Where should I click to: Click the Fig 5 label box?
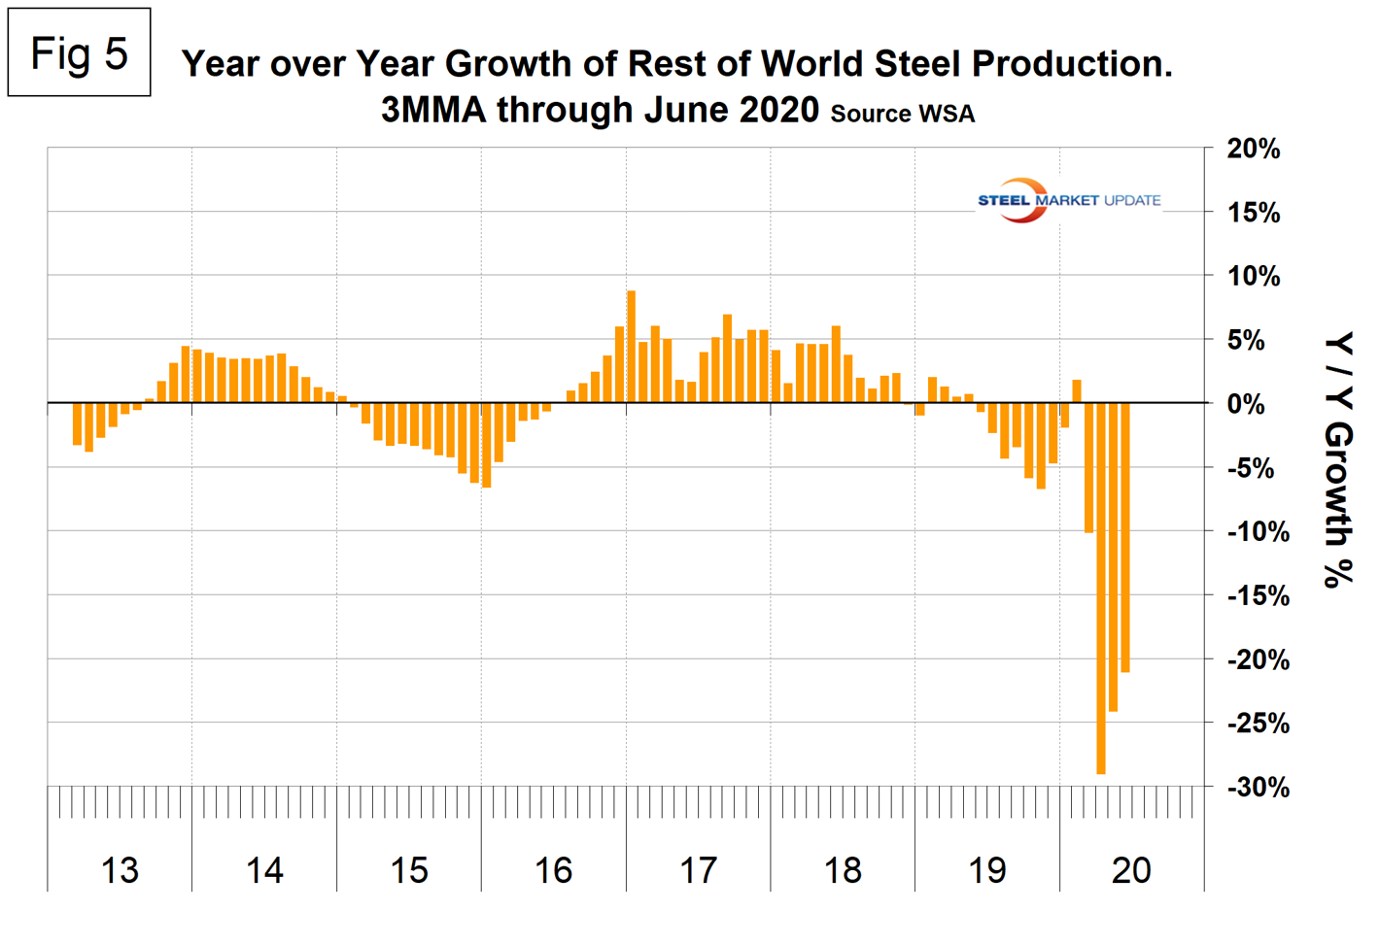coord(79,52)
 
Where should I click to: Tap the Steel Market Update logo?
coord(1068,200)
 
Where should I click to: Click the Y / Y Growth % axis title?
coord(1338,459)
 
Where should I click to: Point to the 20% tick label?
coord(1253,150)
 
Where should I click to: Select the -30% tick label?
coord(1258,788)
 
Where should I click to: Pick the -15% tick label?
coord(1258,596)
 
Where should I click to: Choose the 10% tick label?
coord(1253,277)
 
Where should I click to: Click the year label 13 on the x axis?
coord(120,870)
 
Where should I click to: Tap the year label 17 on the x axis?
coord(698,870)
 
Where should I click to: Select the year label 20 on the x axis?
coord(1131,870)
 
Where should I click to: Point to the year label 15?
coord(408,870)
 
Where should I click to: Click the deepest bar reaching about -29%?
coord(1101,588)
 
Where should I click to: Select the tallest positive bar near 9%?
coord(631,347)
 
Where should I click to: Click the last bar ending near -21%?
coord(1125,537)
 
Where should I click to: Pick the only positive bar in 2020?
coord(1077,391)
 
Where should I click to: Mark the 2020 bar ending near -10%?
coord(1088,467)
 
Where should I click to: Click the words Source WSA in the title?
coord(902,114)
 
